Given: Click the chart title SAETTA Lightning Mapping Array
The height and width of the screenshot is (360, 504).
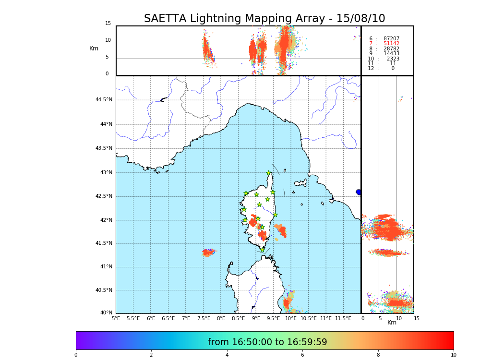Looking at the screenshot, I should coord(264,19).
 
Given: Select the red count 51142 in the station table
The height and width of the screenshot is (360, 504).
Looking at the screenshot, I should coord(391,44).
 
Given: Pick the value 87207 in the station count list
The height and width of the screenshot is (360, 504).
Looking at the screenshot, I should coord(391,38).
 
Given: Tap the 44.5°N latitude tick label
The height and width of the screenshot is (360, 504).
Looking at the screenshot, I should coord(104,100).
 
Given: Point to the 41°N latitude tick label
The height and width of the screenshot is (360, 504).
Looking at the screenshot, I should coord(106,267).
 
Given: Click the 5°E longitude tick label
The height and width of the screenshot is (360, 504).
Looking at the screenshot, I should coord(116,318).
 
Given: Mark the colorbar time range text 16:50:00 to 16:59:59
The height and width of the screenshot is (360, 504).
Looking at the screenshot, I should coord(267,342).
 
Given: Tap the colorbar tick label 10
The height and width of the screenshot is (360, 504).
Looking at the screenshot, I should coord(453,355).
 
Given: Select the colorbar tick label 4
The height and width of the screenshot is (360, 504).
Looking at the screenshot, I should coord(227,355).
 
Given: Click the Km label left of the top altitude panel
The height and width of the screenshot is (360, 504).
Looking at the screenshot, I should coord(94,48).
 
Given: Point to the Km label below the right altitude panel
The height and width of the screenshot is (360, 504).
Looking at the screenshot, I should coord(392,323).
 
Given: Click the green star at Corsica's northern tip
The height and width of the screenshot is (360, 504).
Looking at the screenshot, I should coord(269,173).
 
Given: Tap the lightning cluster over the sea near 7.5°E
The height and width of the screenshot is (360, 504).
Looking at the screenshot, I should coord(208,252).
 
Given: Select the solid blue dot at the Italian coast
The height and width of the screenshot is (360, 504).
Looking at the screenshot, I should coord(359,192).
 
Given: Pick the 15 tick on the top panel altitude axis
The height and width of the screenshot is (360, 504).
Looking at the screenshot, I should coord(108,24).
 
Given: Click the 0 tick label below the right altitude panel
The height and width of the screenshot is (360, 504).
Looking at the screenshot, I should coord(363,318).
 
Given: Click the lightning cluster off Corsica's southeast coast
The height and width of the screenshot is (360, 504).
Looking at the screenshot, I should coord(281,230).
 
